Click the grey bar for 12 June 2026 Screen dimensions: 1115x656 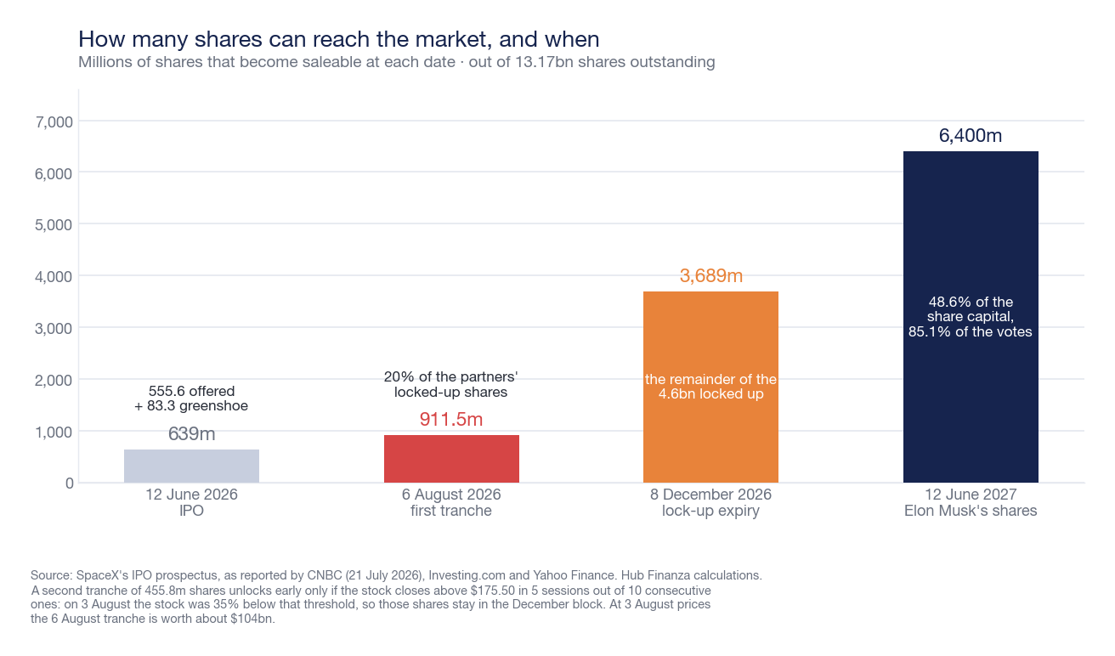tap(192, 466)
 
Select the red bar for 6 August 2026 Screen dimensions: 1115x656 tap(451, 459)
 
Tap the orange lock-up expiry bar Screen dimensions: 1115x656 tap(710, 387)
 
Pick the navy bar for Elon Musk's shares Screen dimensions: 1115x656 tap(971, 317)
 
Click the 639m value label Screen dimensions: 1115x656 tap(192, 434)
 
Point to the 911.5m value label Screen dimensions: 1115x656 tap(451, 420)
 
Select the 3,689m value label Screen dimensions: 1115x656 tap(710, 275)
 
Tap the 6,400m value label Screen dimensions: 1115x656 tap(971, 135)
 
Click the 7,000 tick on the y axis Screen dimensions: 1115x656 tap(54, 122)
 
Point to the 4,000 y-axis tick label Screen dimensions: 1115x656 tap(54, 277)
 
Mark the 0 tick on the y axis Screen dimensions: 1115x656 tap(69, 484)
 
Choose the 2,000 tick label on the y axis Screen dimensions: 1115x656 tap(54, 381)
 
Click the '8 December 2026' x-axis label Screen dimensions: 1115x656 tap(710, 495)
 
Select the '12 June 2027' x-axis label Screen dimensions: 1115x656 tap(971, 495)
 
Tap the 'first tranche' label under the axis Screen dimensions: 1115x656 tap(451, 511)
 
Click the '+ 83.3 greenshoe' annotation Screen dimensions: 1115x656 tap(191, 405)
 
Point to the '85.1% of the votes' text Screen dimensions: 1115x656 tap(971, 331)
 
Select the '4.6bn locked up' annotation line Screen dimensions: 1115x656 tap(710, 394)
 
